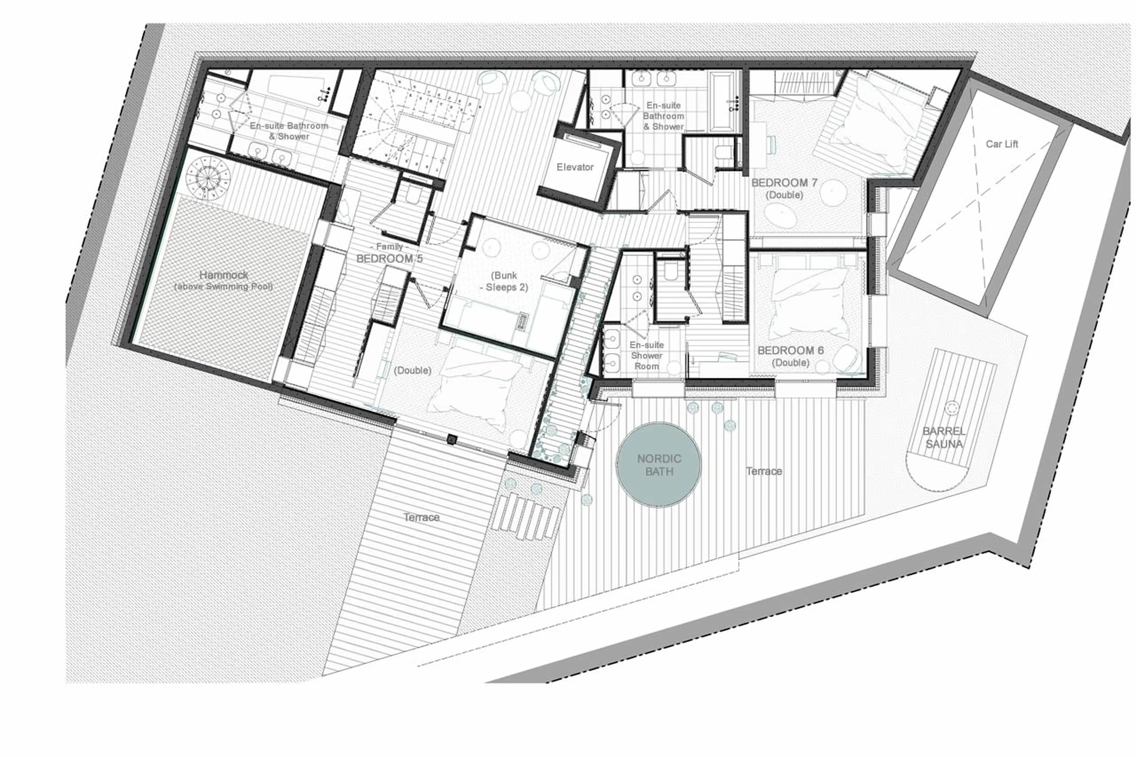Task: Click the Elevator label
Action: (x=575, y=167)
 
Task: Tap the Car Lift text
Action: (x=1002, y=144)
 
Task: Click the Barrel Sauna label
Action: (x=944, y=438)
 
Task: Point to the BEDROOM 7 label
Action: (x=784, y=183)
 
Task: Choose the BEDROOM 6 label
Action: (x=790, y=351)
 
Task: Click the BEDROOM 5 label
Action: (x=389, y=259)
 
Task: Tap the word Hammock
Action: (x=224, y=275)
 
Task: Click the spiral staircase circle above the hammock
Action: (x=208, y=178)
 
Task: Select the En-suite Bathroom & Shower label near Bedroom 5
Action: (x=289, y=131)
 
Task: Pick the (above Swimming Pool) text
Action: (x=224, y=287)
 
